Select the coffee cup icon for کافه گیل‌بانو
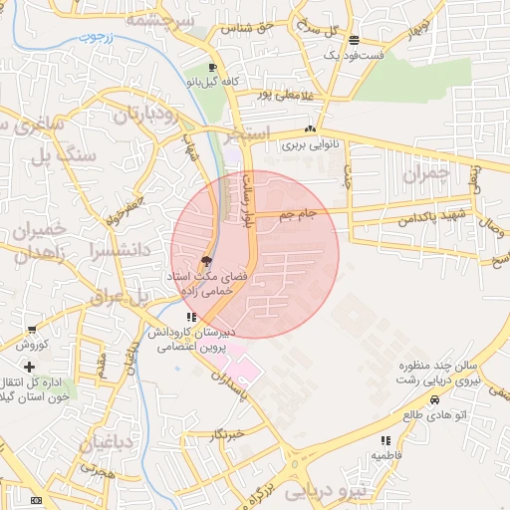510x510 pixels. click(212, 68)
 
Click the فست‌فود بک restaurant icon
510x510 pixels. click(355, 40)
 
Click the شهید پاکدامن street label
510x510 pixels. click(427, 218)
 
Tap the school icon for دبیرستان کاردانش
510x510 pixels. click(191, 318)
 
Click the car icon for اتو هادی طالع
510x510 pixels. click(434, 399)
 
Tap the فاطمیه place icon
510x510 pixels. click(384, 439)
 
